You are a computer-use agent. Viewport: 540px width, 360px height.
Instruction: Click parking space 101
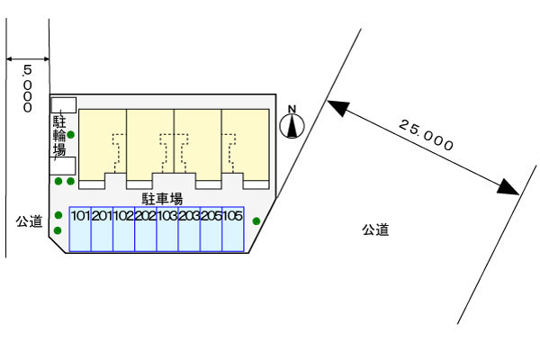click(x=80, y=229)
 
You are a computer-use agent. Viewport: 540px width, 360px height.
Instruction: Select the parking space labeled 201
click(x=102, y=229)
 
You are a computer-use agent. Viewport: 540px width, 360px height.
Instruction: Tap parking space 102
click(x=124, y=229)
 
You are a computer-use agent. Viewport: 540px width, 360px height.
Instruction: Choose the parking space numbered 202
click(x=146, y=229)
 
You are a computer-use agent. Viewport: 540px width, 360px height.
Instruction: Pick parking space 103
click(x=167, y=229)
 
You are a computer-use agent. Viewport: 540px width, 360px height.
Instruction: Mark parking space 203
click(x=189, y=229)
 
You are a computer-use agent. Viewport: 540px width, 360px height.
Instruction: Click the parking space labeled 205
click(x=211, y=229)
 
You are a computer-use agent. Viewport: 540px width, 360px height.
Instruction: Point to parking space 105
click(x=233, y=229)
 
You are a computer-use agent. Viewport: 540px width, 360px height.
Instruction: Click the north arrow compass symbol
click(x=292, y=123)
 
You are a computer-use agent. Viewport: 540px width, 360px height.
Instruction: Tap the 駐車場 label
click(x=162, y=198)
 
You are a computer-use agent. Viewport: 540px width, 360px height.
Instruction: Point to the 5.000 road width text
click(x=28, y=87)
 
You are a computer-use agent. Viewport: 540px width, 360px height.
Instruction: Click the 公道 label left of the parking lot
click(x=29, y=220)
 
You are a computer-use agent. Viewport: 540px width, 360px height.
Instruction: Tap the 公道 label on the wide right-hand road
click(x=375, y=230)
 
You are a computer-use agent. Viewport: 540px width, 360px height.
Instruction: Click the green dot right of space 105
click(x=256, y=220)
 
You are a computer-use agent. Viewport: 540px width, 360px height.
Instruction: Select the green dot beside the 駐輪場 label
click(x=71, y=136)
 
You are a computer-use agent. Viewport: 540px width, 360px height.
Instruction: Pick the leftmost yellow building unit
click(x=103, y=144)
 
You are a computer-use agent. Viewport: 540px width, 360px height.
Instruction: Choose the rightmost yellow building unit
click(x=246, y=144)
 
